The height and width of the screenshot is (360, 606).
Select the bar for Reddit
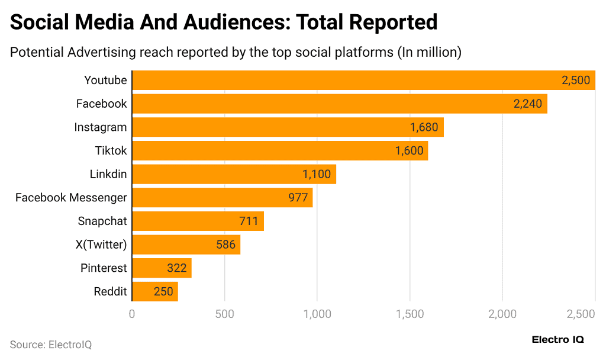coord(154,291)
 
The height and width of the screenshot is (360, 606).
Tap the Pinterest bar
coord(161,268)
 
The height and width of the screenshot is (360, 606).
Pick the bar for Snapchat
coord(197,221)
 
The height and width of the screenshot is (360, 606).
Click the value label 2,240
coord(528,104)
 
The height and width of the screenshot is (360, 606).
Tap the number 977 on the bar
coord(298,198)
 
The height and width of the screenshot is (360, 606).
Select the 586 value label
coord(226,245)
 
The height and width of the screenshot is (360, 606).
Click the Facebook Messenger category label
coord(71,198)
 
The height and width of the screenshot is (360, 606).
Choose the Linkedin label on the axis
coord(108,174)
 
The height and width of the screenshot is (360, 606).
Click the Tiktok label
coord(111,150)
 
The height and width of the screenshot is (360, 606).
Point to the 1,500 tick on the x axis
coord(410,314)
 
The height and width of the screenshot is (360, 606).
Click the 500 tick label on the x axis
coord(224,314)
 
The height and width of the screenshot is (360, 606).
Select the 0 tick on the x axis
coord(132,314)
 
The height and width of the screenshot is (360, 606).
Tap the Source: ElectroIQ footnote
coord(51,344)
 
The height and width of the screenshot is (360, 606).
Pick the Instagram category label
coord(101,127)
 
